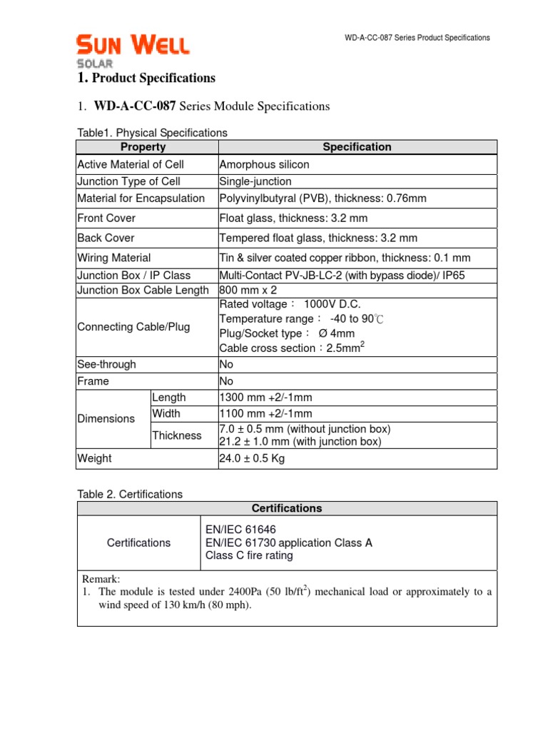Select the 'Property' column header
[143, 147]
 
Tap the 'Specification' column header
[357, 147]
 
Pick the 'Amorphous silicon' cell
[264, 164]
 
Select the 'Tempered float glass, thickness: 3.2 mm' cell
[318, 238]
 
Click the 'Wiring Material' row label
[113, 258]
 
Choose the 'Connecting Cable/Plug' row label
[133, 327]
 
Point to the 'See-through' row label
[106, 364]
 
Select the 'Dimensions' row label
[106, 418]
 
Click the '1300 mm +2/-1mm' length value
[266, 397]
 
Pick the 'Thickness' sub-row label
[177, 435]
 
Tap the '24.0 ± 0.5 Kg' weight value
[252, 458]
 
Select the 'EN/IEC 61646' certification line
[240, 529]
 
